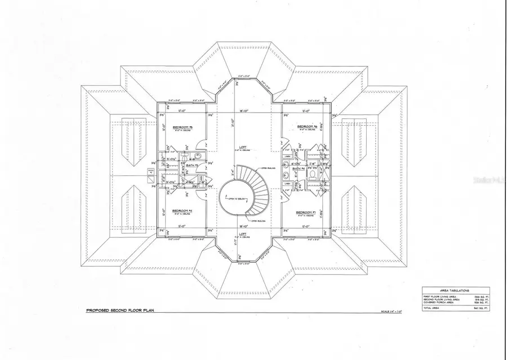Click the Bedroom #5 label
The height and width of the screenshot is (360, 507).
pos(183,127)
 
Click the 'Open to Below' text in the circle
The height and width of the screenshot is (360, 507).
pos(236,199)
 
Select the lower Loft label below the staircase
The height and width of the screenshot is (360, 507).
pos(241,233)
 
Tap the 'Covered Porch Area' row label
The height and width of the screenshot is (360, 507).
pos(438,303)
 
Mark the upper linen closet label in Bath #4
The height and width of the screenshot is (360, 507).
pos(287,157)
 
